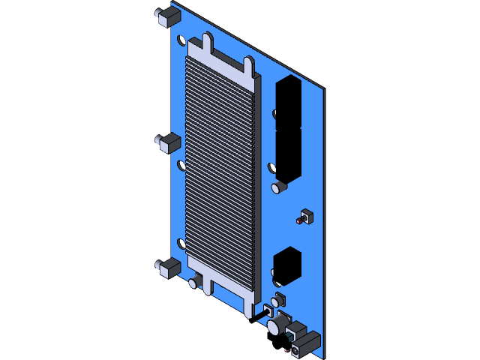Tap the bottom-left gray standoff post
pos(168,268)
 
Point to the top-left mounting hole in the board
pos(181,40)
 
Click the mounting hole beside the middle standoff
pos(181,165)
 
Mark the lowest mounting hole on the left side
pos(181,244)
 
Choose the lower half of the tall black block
pos(288,154)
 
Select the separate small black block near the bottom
pos(287,266)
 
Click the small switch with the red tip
pos(304,218)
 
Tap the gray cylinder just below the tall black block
pos(280,186)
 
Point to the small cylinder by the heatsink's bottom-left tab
pos(194,282)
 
